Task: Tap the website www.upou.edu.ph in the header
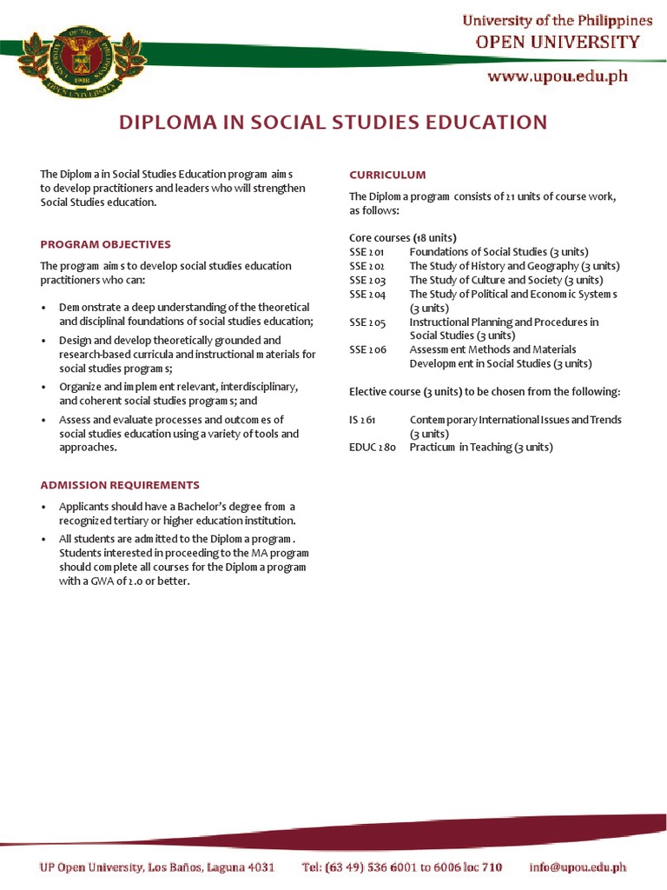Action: [x=558, y=76]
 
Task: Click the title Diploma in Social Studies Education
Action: [x=333, y=123]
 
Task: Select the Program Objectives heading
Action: [x=106, y=244]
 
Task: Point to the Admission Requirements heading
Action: [x=120, y=485]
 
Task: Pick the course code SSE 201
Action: [x=367, y=252]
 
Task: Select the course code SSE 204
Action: [x=367, y=294]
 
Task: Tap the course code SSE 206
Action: [x=367, y=349]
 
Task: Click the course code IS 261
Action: [x=362, y=420]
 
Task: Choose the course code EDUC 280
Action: [x=373, y=448]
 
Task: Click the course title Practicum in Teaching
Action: [x=480, y=448]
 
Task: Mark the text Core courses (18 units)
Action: [x=403, y=237]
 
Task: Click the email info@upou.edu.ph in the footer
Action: [x=578, y=867]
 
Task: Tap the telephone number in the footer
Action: [x=402, y=867]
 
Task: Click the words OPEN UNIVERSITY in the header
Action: [x=557, y=42]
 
